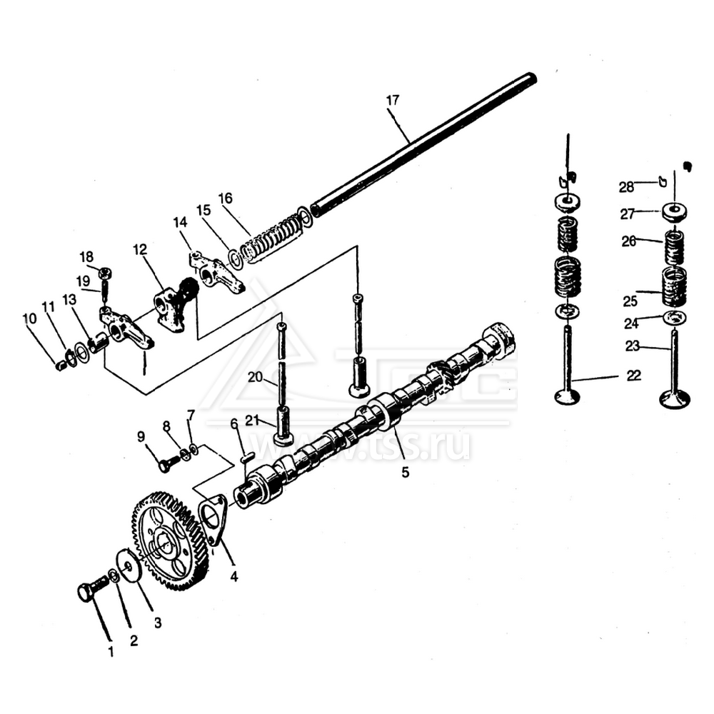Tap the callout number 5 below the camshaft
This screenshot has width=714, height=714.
pyautogui.click(x=405, y=472)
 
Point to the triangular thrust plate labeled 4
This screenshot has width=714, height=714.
pyautogui.click(x=213, y=517)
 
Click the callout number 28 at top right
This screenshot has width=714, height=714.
pyautogui.click(x=626, y=186)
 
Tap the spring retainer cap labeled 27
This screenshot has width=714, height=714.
pyautogui.click(x=673, y=212)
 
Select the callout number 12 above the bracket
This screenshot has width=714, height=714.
pyautogui.click(x=139, y=249)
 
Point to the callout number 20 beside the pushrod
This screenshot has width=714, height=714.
pyautogui.click(x=256, y=376)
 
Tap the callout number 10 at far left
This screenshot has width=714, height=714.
pyautogui.click(x=29, y=318)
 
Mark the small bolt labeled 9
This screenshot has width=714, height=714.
pyautogui.click(x=166, y=465)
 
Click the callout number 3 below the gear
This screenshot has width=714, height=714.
pyautogui.click(x=157, y=623)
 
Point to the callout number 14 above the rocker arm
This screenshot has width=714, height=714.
pyautogui.click(x=179, y=223)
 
